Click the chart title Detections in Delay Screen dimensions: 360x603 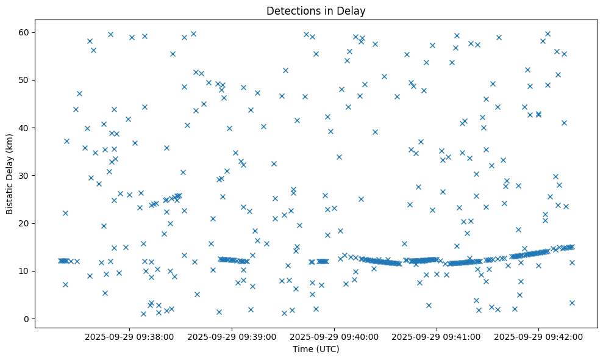point(316,10)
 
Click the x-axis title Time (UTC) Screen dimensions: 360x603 point(316,350)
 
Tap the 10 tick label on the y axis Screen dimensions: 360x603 point(25,271)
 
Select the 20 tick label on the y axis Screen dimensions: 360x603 point(25,223)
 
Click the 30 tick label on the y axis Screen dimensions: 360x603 point(25,176)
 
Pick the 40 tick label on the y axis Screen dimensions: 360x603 point(25,128)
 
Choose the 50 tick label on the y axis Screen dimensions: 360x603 point(25,80)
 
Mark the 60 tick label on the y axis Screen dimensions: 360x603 point(25,32)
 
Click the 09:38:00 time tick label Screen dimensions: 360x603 point(129,336)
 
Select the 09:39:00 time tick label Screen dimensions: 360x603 point(232,336)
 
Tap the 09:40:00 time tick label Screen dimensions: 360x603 point(334,336)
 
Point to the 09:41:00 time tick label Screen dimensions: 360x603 point(437,336)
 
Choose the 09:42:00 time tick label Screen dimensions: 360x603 point(539,336)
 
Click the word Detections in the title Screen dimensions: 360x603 point(290,10)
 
